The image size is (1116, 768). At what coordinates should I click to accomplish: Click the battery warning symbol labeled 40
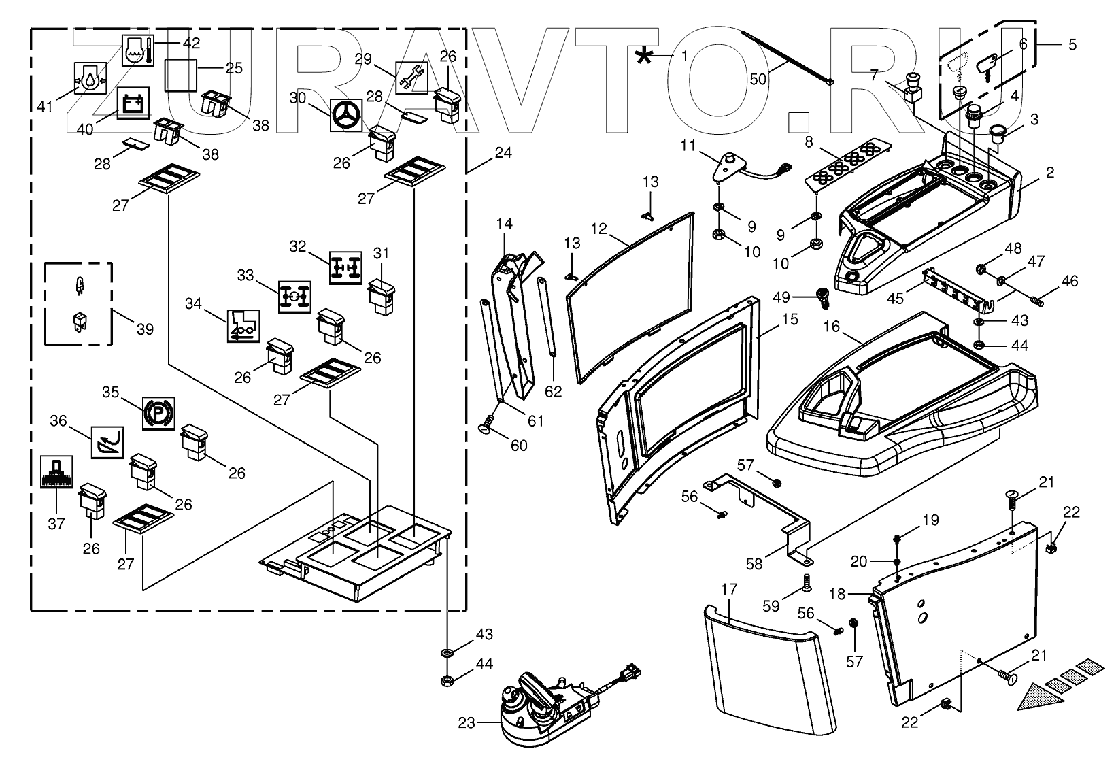tap(133, 103)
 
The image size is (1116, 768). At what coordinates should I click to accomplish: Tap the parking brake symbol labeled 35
tap(158, 413)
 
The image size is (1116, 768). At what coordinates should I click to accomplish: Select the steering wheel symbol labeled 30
tap(346, 115)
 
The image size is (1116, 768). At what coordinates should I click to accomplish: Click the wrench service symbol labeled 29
tap(411, 78)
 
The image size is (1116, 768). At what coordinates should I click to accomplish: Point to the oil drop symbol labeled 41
tap(90, 78)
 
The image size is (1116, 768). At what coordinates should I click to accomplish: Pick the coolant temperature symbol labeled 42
tap(138, 51)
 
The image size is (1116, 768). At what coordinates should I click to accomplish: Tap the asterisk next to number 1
tap(644, 57)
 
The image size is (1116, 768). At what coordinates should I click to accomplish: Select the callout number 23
tap(467, 722)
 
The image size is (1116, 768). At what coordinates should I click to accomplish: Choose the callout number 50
tap(758, 79)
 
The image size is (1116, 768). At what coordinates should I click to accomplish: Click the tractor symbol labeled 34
tap(243, 326)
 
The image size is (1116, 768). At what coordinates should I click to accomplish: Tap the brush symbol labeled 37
tap(56, 472)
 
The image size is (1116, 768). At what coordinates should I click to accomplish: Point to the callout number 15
tap(790, 319)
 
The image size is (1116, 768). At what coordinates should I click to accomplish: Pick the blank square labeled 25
tap(181, 75)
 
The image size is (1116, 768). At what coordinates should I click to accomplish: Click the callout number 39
tap(145, 329)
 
